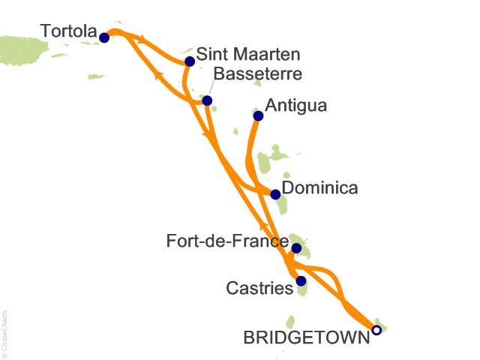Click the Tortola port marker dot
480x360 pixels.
point(104,37)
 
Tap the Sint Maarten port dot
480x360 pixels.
point(190,61)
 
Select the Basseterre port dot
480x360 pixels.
point(207,100)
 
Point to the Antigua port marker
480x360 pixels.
point(258,115)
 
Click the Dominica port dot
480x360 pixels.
point(275,195)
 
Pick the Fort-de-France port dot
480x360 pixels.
point(296,248)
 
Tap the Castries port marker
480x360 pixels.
point(301,281)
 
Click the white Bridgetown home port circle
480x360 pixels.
point(376,329)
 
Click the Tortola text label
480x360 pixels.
point(69,32)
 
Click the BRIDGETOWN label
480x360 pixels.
point(307,338)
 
